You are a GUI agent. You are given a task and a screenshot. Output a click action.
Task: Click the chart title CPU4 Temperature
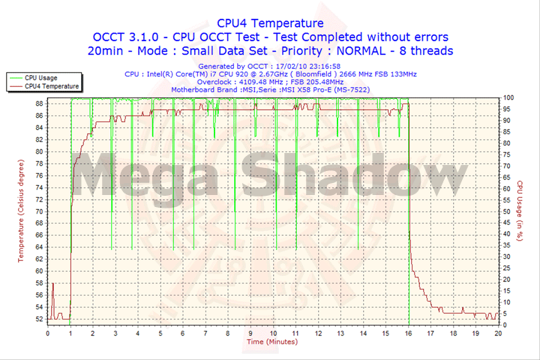point(270,23)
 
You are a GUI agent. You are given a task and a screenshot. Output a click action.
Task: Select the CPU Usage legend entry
point(40,77)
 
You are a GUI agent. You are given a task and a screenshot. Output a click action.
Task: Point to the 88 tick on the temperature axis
point(39,103)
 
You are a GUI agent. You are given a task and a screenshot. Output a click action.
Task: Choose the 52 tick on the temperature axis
point(39,319)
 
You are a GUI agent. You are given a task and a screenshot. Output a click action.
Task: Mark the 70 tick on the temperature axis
point(39,211)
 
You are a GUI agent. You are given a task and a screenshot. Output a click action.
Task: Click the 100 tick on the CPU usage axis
point(508,97)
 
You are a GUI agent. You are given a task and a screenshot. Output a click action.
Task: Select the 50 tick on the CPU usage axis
point(507,211)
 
